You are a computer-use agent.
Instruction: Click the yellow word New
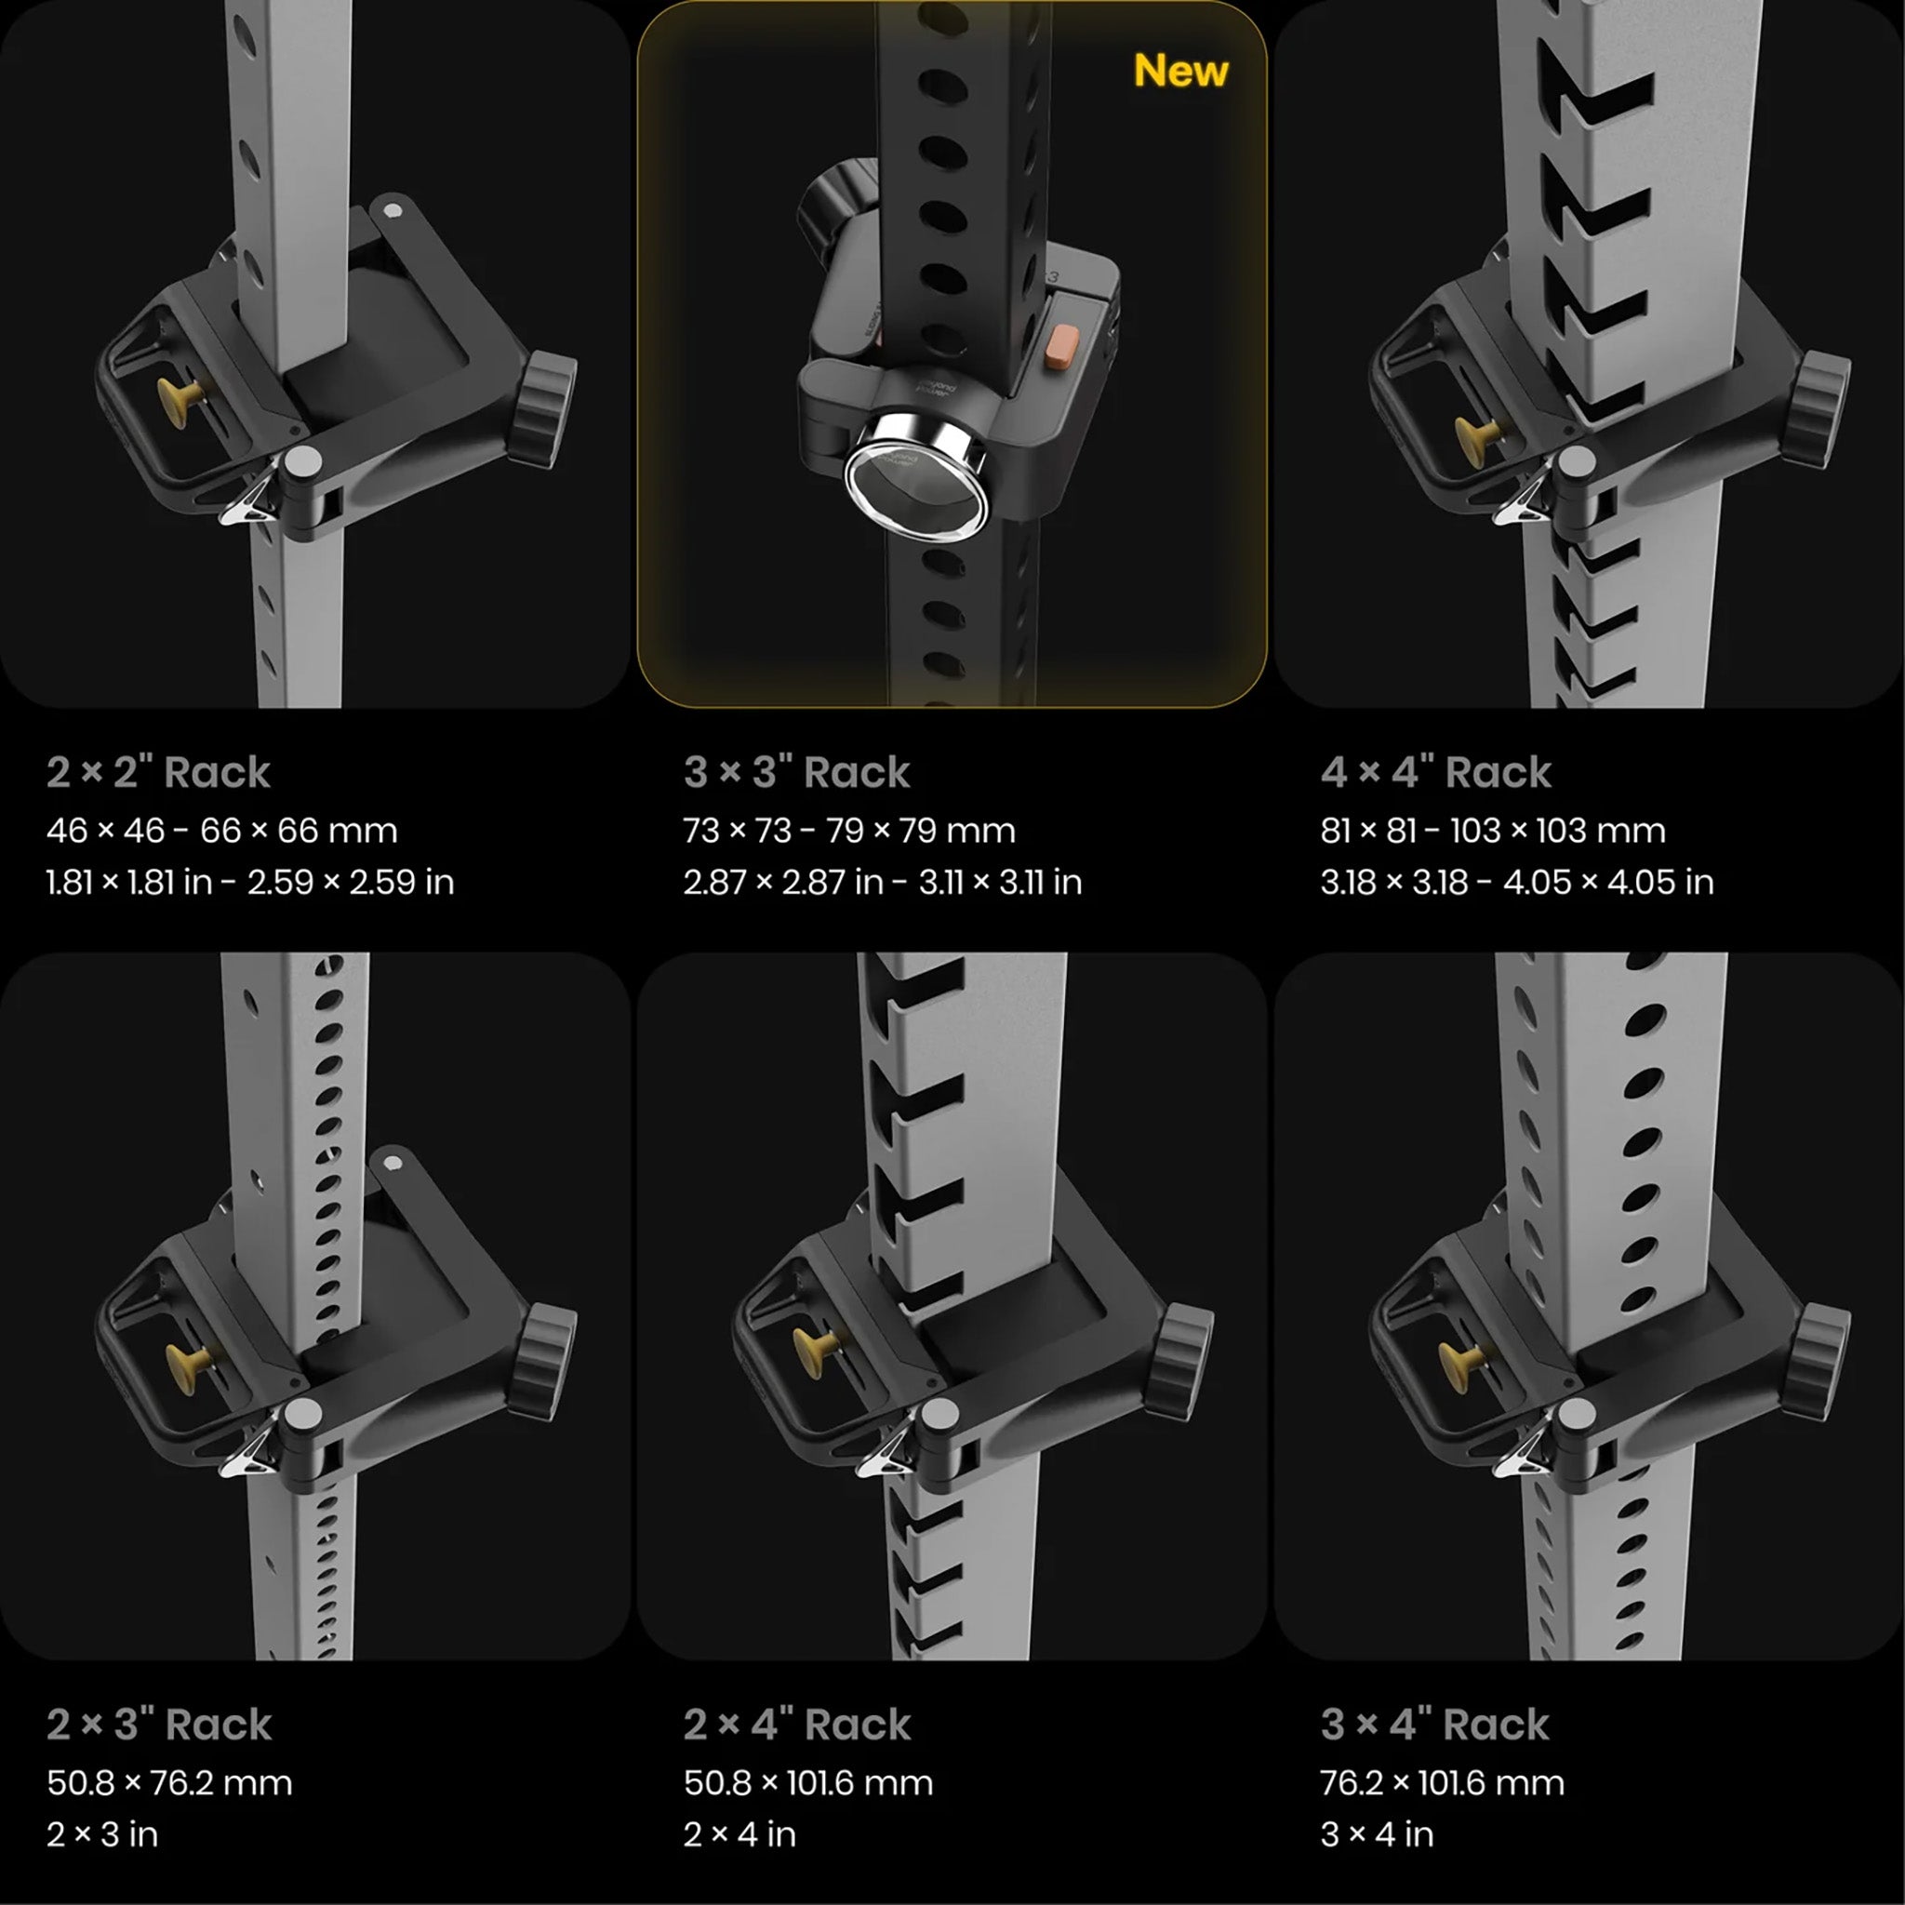(x=1180, y=71)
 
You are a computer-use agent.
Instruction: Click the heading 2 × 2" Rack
(x=158, y=771)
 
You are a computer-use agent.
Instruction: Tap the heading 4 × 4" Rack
(x=1435, y=771)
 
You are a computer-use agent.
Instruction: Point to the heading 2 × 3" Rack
(x=159, y=1725)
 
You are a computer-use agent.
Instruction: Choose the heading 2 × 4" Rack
(x=797, y=1725)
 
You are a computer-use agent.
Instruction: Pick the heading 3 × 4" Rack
(x=1434, y=1725)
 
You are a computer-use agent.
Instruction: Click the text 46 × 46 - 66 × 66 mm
(x=222, y=831)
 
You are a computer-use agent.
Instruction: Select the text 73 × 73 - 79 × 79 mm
(x=849, y=831)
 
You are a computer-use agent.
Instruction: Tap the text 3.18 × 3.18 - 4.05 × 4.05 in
(x=1517, y=882)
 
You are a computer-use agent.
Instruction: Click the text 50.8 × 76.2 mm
(x=169, y=1783)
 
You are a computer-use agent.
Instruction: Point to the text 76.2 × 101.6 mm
(x=1443, y=1783)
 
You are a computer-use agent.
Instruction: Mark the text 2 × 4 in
(x=739, y=1834)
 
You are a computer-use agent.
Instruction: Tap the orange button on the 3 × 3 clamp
(x=1064, y=347)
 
